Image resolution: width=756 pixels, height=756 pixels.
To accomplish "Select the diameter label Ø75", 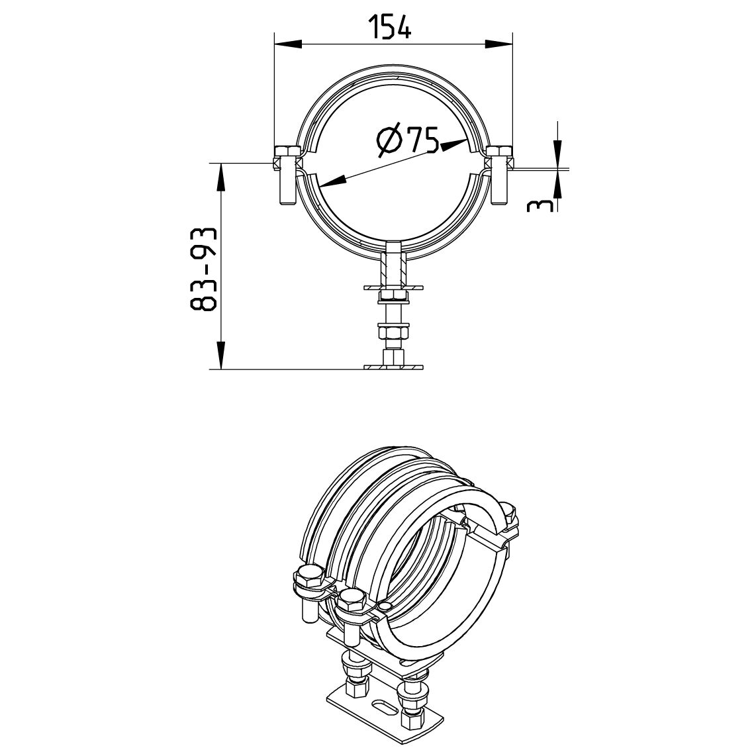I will click(x=408, y=140).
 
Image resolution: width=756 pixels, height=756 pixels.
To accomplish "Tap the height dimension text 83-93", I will click(x=203, y=269).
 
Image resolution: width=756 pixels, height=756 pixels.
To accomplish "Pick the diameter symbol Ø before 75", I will click(x=388, y=141).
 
